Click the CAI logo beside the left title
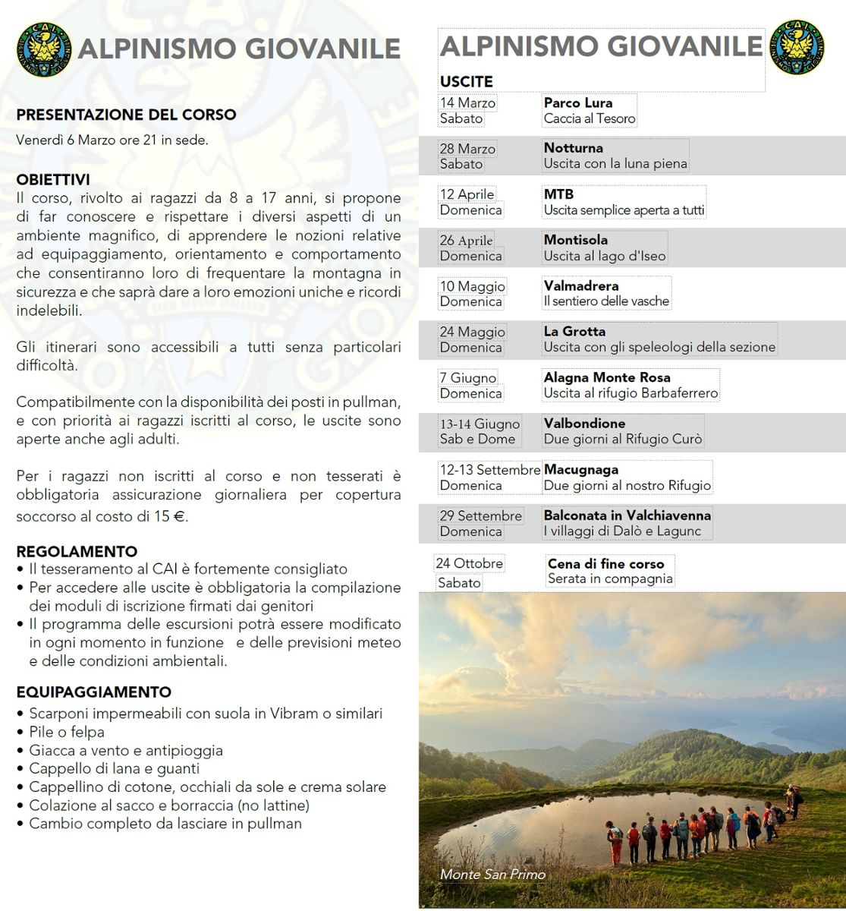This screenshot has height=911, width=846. tap(44, 49)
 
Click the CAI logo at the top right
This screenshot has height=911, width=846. tap(800, 47)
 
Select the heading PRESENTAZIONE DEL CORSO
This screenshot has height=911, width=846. tap(126, 115)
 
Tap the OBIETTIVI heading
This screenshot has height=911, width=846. tap(53, 180)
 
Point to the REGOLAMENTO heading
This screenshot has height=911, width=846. tap(77, 552)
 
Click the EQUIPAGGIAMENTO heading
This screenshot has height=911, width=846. tap(94, 692)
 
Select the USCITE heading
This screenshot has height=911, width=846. tap(466, 81)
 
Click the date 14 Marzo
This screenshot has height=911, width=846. tap(467, 102)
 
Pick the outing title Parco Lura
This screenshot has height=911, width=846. tap(578, 102)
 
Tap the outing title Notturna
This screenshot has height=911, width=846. tap(574, 148)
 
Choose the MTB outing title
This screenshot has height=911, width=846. tap(558, 194)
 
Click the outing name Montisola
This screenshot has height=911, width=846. tap(576, 240)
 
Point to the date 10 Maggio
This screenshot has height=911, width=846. tap(472, 286)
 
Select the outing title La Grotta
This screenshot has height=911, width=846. tap(574, 332)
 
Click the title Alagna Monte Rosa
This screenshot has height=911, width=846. tap(607, 377)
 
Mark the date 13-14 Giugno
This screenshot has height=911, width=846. tap(480, 424)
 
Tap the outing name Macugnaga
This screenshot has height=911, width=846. tap(581, 470)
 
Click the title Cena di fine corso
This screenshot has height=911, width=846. tap(605, 564)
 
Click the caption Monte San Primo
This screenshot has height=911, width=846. tap(492, 875)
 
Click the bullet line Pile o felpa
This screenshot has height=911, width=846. tap(67, 733)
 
